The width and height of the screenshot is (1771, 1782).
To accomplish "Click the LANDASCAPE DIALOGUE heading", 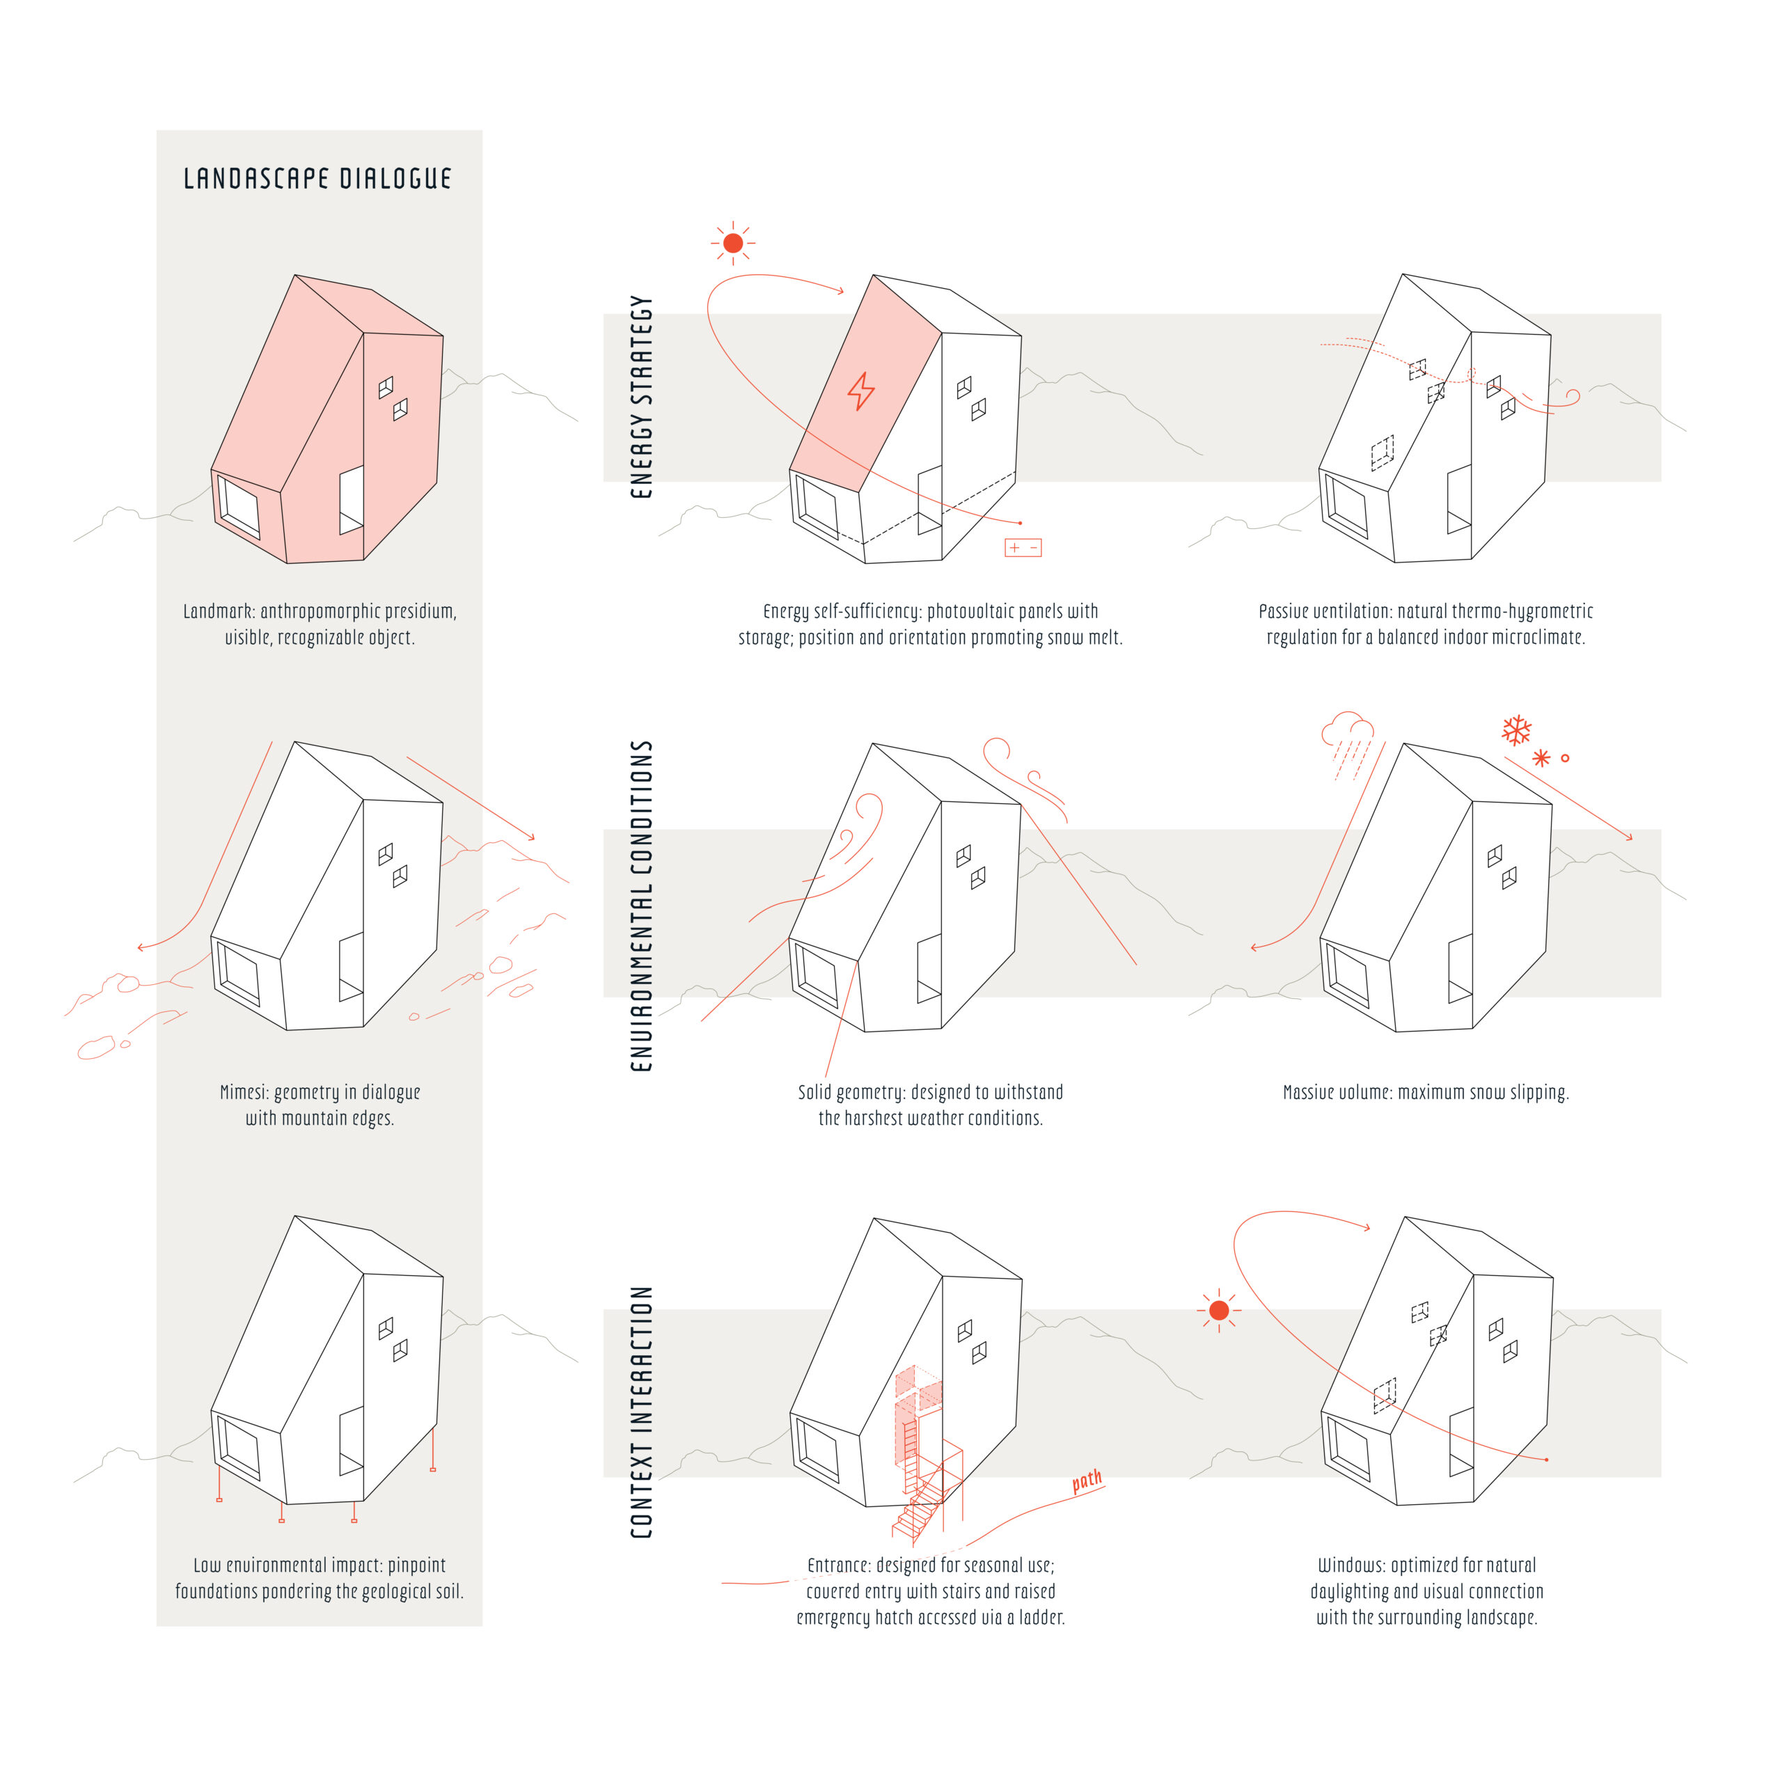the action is [317, 178].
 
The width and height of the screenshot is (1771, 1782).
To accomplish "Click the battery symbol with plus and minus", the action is [1023, 548].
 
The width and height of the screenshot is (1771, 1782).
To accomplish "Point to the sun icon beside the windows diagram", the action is [1218, 1310].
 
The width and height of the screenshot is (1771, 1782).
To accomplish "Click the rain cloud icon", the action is [1348, 743].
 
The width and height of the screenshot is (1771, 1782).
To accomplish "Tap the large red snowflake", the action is [1516, 730].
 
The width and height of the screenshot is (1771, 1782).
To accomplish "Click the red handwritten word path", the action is [1087, 1481].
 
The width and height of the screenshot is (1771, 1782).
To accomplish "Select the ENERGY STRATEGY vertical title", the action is [641, 397].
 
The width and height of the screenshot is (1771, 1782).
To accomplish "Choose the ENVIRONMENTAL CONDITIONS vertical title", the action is [641, 906].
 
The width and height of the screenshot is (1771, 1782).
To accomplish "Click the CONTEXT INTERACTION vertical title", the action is [641, 1412].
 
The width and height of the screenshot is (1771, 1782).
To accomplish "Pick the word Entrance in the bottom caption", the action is [837, 1566].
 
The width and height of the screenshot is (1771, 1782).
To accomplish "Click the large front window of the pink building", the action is [238, 505].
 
